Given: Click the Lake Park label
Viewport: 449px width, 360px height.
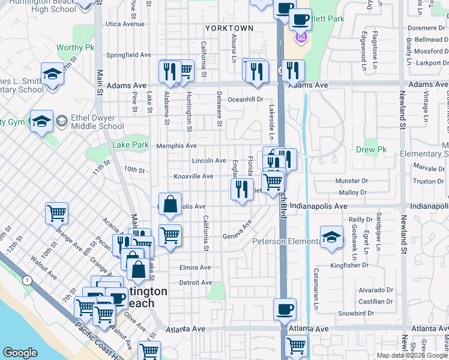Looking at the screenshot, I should (130, 145).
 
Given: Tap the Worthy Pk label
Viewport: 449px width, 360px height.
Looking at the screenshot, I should (76, 47).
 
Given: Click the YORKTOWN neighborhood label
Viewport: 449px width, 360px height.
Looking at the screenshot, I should (229, 28).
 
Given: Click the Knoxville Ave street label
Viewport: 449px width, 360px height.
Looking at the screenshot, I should (193, 176).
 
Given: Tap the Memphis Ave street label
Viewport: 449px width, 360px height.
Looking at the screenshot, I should (176, 146).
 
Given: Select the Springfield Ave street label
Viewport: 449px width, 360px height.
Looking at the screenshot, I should (128, 55).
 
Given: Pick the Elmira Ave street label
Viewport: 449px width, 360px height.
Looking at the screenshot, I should (195, 268).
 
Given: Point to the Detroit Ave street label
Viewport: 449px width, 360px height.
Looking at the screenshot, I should (196, 283).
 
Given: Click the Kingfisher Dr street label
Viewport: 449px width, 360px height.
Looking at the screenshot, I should (352, 265).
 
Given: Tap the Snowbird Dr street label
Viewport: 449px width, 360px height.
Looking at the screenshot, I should (355, 313).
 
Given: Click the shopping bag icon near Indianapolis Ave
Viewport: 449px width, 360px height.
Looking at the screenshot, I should (170, 203).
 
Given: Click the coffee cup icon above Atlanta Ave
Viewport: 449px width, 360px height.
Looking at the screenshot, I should (285, 309).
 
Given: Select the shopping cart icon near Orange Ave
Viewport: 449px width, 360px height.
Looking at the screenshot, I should (56, 212).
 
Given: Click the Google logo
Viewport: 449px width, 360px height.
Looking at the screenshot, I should (20, 353).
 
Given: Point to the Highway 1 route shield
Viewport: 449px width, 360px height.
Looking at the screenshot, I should (27, 281).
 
